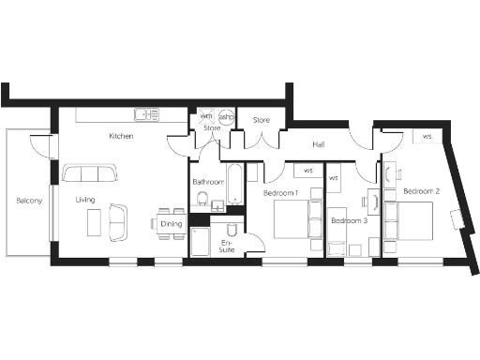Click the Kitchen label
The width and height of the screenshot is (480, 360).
click(x=121, y=137)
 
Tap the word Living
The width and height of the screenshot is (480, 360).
click(x=85, y=200)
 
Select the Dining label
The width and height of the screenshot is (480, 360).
click(x=171, y=224)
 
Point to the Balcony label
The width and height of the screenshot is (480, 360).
click(x=29, y=201)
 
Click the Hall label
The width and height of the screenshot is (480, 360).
click(x=319, y=144)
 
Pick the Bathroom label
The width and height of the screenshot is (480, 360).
click(x=207, y=181)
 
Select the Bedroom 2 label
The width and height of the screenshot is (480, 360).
click(x=421, y=191)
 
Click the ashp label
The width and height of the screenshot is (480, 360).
click(x=226, y=117)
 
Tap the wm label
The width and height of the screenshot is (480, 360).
click(x=206, y=117)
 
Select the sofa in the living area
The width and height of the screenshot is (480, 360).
click(x=90, y=174)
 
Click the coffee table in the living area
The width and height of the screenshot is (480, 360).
click(x=95, y=222)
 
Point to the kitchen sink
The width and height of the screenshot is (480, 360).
click(x=146, y=114)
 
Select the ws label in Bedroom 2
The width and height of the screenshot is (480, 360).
click(x=427, y=138)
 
